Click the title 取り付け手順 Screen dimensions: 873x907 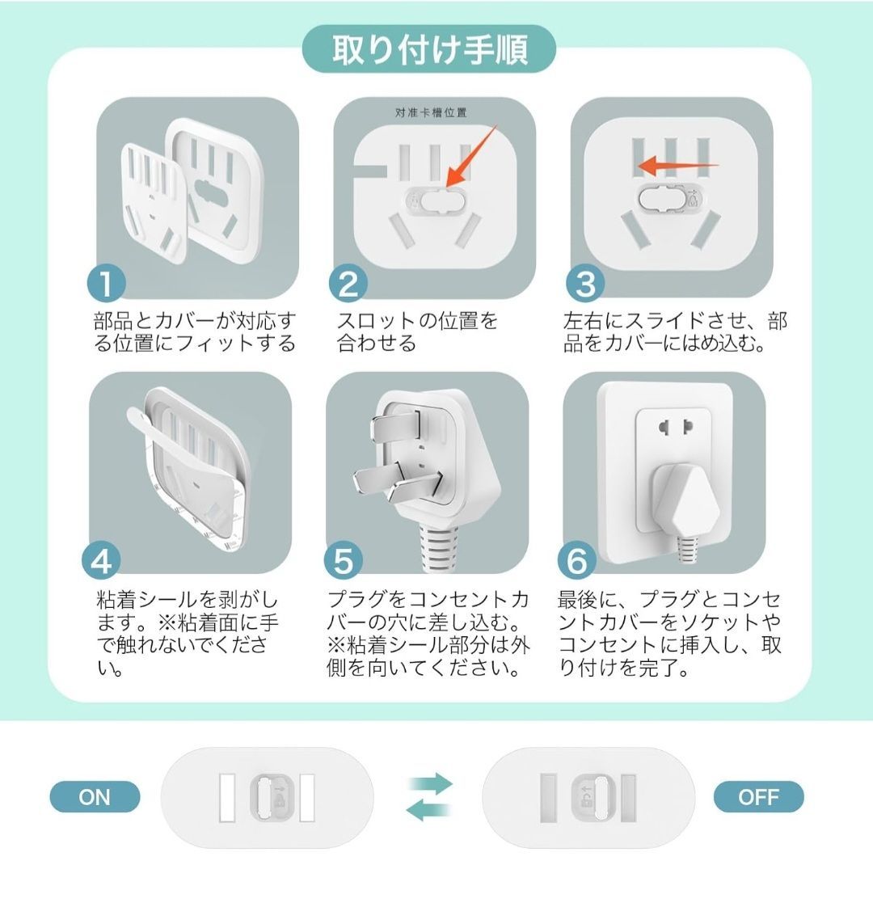tap(429, 49)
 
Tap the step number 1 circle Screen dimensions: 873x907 tap(107, 283)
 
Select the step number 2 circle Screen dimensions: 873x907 tap(348, 283)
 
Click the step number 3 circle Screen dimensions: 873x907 tap(585, 283)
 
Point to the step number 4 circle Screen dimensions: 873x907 tap(101, 560)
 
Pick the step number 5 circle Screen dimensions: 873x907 tap(343, 560)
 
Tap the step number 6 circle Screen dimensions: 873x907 tap(576, 560)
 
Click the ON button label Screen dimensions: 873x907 tap(95, 797)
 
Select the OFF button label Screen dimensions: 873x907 tap(758, 797)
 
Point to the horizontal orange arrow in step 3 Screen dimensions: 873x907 tap(678, 165)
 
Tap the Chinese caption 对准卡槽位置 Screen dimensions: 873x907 tap(431, 112)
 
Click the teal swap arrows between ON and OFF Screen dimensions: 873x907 tap(428, 796)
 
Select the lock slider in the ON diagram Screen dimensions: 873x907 tap(272, 798)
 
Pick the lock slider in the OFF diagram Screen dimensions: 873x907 tap(593, 798)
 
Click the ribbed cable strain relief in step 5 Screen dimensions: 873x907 tap(437, 546)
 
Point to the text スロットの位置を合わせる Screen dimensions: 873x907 tap(417, 331)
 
